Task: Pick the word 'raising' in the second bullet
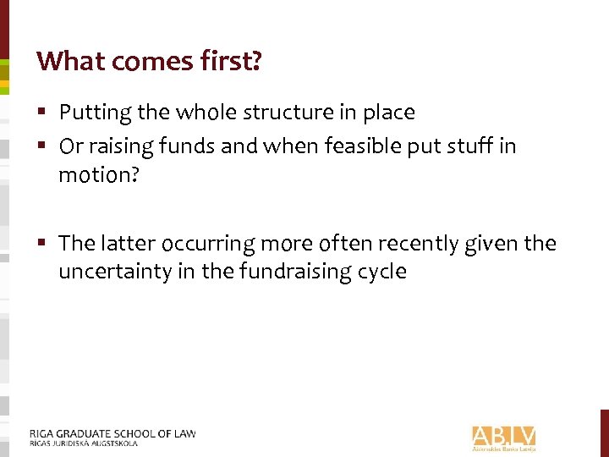(x=112, y=146)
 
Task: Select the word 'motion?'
(x=95, y=175)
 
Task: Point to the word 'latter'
(x=128, y=244)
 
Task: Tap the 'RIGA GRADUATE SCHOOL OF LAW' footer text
(x=112, y=433)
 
